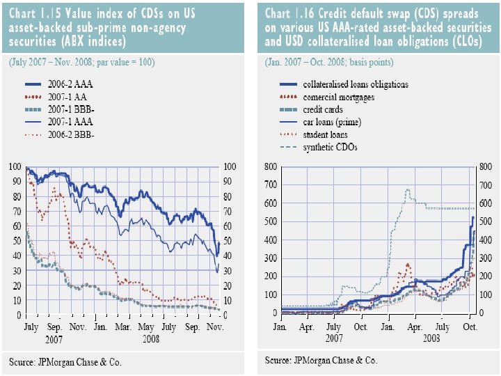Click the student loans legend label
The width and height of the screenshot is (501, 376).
pos(326,134)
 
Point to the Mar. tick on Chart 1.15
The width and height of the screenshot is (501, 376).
pos(122,326)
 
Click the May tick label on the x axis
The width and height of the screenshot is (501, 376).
pos(146,326)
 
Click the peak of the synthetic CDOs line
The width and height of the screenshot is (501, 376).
pos(408,189)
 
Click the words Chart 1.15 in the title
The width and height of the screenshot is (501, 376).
pos(34,14)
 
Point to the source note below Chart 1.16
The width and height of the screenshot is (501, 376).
pos(321,361)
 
